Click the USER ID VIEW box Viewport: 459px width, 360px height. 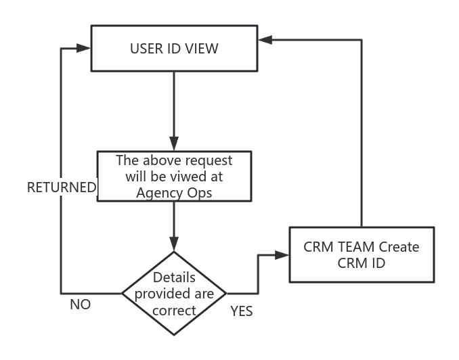(x=173, y=48)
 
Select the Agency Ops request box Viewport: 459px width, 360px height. (x=174, y=176)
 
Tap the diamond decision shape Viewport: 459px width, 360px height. (x=174, y=294)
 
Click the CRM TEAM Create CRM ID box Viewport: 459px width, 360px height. (x=361, y=254)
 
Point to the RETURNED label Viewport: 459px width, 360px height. (x=62, y=188)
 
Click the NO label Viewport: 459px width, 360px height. (x=80, y=305)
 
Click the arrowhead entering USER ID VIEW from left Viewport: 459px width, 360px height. (x=84, y=48)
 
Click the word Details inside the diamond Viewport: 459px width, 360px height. (x=174, y=277)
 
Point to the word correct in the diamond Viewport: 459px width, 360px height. (x=174, y=311)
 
